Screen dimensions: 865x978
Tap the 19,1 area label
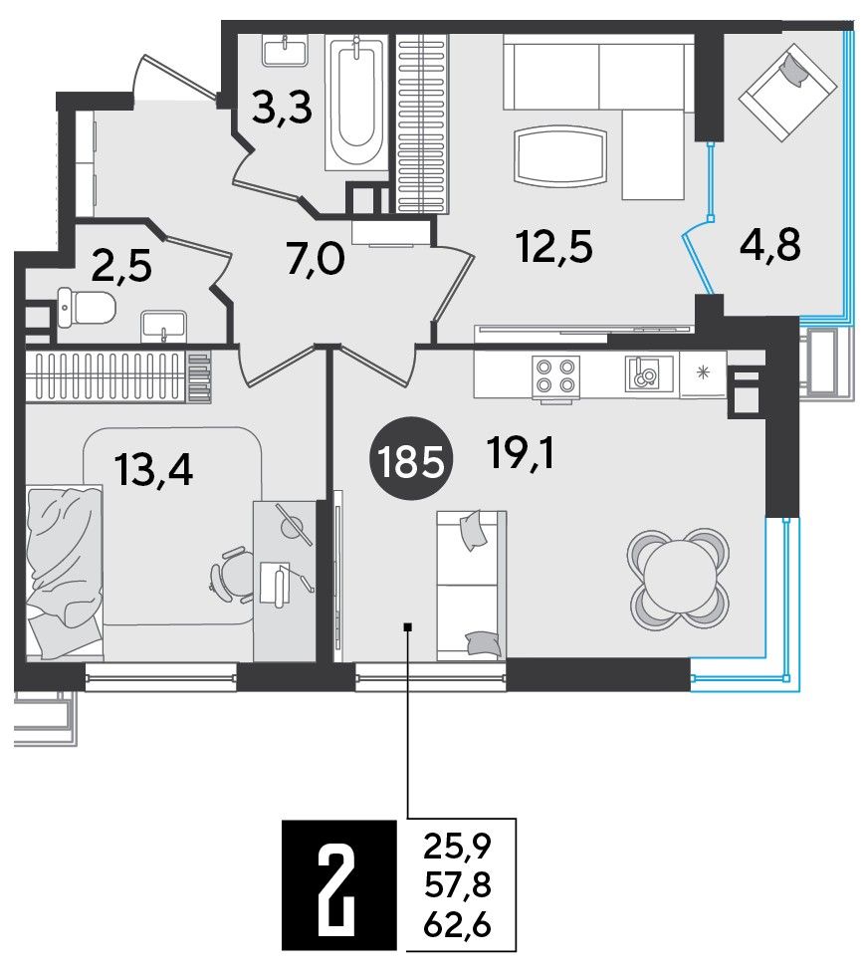point(522,454)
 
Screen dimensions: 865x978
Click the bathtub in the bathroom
point(354,103)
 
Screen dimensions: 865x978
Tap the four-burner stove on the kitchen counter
point(554,376)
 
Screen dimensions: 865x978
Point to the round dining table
point(679,579)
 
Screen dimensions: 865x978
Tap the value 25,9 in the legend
point(458,846)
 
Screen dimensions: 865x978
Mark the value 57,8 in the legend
point(458,885)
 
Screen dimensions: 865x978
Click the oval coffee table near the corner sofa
point(560,156)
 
